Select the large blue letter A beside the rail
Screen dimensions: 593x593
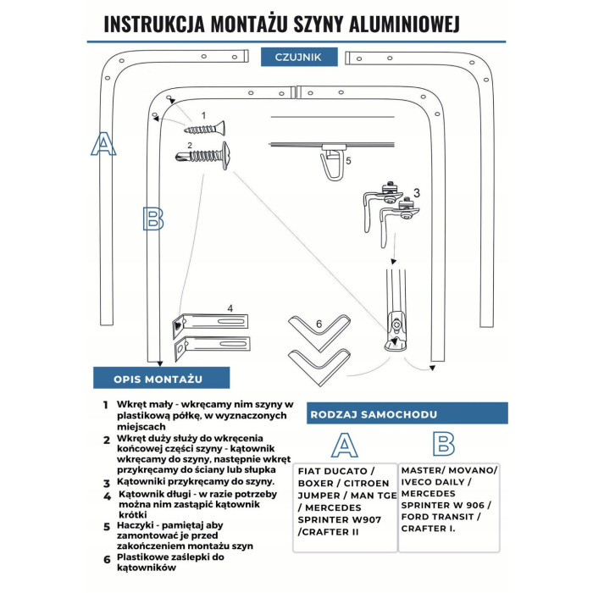coord(103,144)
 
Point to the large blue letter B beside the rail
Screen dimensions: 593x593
coord(152,219)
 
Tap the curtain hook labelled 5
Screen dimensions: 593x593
coord(329,166)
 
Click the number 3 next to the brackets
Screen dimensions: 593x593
coord(417,193)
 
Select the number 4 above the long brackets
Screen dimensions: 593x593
coord(230,308)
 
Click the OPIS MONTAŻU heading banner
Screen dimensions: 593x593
coord(160,379)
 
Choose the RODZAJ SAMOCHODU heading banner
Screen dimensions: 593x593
coord(374,414)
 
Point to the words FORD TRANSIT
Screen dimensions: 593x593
coord(441,517)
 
